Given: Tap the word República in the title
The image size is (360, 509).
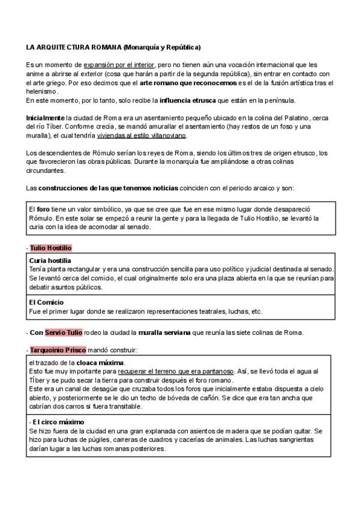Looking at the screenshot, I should [x=181, y=47].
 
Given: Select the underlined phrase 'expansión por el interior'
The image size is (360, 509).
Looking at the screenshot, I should [x=119, y=64].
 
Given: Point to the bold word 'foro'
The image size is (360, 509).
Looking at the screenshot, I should [x=43, y=208].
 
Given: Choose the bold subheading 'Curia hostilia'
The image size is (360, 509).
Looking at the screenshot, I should [x=50, y=261].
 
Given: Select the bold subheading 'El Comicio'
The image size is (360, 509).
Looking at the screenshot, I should [x=46, y=303].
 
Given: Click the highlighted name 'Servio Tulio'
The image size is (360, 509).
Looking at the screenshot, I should [x=64, y=333].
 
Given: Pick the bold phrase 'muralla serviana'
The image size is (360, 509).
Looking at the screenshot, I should [x=166, y=333].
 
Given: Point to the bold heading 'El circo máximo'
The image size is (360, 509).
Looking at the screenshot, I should [x=58, y=422].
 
